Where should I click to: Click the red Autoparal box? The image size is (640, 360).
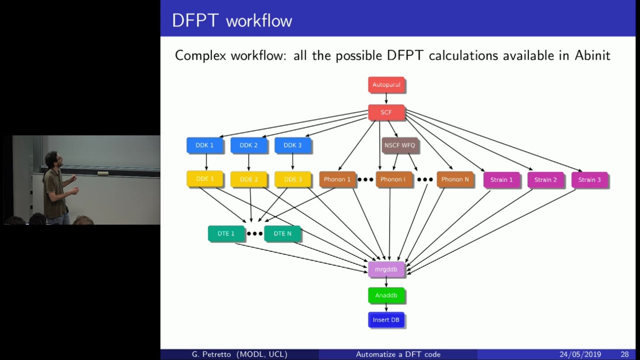coord(386,84)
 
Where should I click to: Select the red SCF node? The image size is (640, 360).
coord(386,112)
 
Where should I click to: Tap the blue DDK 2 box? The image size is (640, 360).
coord(248,145)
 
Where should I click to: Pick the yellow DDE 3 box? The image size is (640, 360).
coord(292,179)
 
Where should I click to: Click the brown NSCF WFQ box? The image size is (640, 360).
coord(399,145)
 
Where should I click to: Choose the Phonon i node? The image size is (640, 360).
coord(393,179)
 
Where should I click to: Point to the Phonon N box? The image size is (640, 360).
coord(455,179)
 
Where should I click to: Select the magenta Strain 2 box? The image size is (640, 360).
coord(545,179)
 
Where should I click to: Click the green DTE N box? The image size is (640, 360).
coord(282,233)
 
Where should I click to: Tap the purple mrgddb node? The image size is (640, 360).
coord(386,269)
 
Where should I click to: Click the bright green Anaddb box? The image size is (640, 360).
coord(386,295)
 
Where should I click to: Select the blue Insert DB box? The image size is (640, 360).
coord(386,320)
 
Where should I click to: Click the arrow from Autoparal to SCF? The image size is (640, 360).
coord(386,98)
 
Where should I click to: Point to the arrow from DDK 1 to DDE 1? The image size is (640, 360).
coord(205,161)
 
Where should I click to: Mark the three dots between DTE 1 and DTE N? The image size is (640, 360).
coord(254,233)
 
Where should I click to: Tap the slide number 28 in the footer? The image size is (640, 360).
coord(624,354)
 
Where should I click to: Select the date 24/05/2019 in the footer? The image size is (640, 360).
coord(580,354)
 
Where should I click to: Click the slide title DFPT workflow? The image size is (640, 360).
coord(232,21)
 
